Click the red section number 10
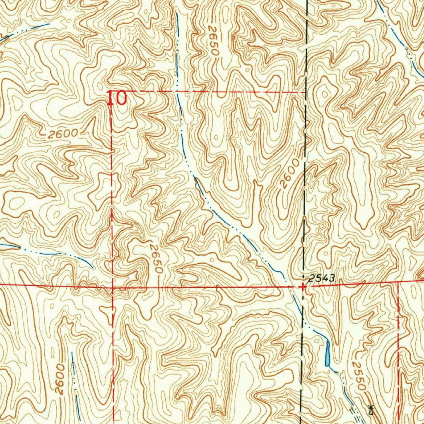pos(117,99)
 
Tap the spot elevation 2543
pos(322,278)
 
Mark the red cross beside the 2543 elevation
pos(304,287)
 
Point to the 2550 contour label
pos(359,376)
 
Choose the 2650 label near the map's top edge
pos(213,41)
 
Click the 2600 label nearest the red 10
pos(63,133)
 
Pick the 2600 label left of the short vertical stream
pos(60,379)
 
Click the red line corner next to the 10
pos(111,91)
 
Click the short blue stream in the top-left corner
pos(25,31)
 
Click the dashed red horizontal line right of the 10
pos(207,91)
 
